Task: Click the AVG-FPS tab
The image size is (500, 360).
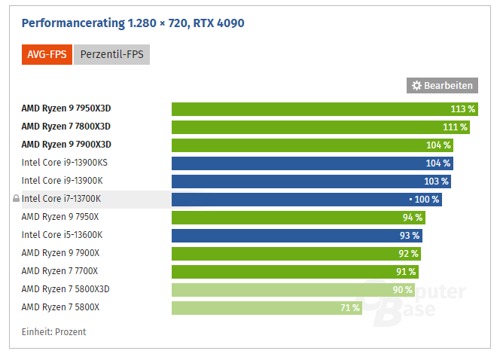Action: (x=47, y=54)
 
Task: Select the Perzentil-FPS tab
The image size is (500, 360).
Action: (x=111, y=54)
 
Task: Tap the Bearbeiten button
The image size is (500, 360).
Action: (x=443, y=86)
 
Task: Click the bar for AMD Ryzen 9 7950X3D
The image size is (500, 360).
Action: (x=325, y=109)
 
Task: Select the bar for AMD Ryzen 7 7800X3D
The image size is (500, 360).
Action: (x=320, y=127)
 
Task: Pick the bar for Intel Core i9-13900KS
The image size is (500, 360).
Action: (x=312, y=163)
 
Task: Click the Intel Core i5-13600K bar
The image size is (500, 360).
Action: (x=297, y=236)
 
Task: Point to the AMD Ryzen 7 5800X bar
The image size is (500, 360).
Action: (x=267, y=308)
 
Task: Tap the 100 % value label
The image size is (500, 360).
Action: (x=426, y=200)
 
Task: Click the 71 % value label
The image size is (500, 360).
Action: (x=350, y=308)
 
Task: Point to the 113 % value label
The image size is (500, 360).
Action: (x=463, y=109)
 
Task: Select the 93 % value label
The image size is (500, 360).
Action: (x=410, y=236)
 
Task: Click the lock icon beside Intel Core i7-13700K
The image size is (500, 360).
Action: (x=16, y=200)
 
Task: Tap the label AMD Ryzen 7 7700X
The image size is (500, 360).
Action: (x=60, y=271)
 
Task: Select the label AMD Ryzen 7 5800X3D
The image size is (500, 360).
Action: (x=66, y=289)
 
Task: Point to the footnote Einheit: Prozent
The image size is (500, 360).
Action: (x=53, y=332)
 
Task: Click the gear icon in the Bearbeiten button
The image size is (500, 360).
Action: (x=416, y=86)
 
